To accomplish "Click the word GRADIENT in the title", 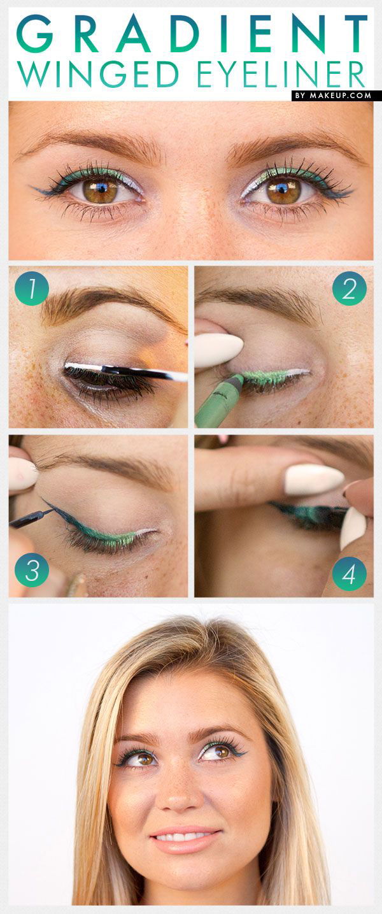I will pos(191,34).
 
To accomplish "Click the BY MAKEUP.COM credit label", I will pos(336,96).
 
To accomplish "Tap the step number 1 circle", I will pos(32,289).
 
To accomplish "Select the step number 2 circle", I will pos(350,289).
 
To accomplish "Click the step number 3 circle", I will pos(32,569).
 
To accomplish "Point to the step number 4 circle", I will pos(350,573).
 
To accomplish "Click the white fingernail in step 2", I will pos(218,350).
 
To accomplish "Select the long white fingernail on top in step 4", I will pos(314,479).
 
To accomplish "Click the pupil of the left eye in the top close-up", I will pos(101,190).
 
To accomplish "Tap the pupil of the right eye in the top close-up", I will pos(283,190).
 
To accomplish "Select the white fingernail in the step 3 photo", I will pos(22,475).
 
